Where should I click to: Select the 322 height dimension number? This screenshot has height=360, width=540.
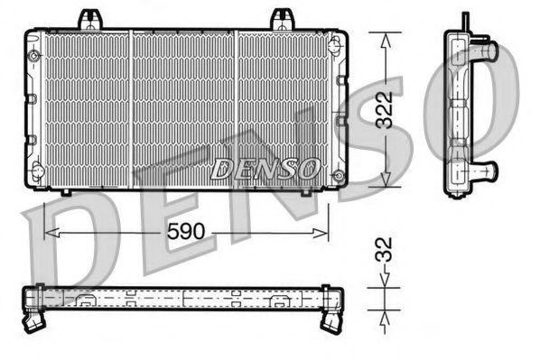(x=386, y=110)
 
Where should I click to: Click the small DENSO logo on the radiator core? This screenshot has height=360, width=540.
(x=265, y=167)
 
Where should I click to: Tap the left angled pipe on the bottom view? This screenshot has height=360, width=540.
(x=37, y=317)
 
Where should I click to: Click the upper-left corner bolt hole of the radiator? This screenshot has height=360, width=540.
(x=35, y=55)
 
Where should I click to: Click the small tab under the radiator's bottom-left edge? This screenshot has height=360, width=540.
(x=67, y=192)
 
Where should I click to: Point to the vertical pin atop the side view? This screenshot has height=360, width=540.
(x=465, y=22)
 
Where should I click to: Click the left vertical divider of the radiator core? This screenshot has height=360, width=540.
(x=132, y=108)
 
